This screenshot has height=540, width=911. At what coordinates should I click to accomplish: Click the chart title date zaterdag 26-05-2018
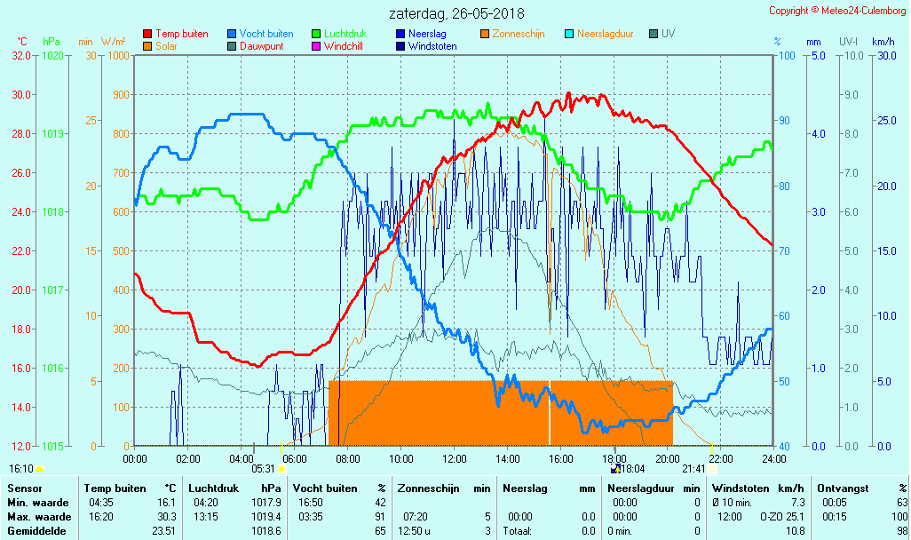coord(456,13)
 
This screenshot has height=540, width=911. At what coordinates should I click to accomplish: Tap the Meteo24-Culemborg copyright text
coord(837,11)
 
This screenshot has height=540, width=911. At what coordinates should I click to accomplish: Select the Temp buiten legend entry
coord(181,34)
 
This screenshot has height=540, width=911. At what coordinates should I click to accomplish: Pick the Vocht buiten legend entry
coord(265,34)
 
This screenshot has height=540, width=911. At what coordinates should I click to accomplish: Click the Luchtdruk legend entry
coord(350,34)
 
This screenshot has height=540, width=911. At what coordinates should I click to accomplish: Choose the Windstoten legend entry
coord(432,46)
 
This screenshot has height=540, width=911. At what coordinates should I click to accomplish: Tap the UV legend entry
coord(668,34)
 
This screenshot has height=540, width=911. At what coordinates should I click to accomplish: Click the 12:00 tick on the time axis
coord(455,458)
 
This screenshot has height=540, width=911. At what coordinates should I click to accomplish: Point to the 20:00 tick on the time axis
coord(668,458)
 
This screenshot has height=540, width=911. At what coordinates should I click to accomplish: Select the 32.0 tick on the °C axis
coord(21,55)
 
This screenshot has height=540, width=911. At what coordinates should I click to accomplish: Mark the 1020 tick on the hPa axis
coord(52,55)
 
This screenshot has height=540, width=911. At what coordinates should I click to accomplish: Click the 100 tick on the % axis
coord(786,55)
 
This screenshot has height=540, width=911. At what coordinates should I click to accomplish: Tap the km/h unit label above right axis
coord(883,42)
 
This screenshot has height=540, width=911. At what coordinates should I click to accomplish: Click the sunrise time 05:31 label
coord(264,468)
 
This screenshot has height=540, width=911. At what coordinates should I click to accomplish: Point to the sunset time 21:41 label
coord(693,468)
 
